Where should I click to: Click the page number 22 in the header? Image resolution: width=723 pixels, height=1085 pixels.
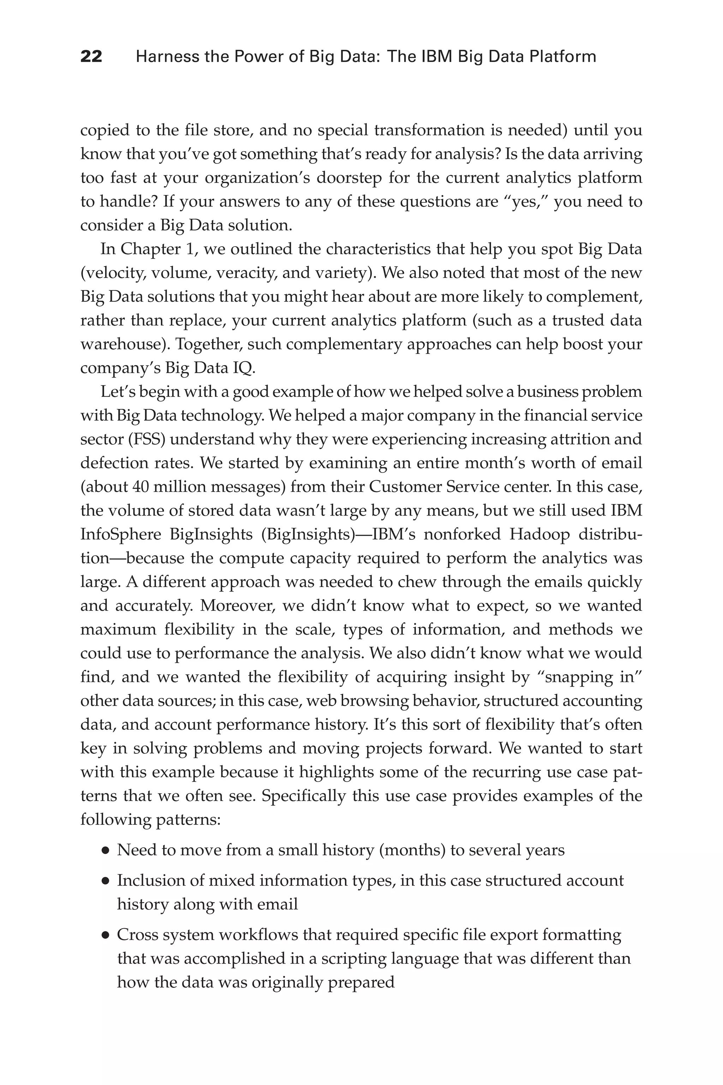coord(91,57)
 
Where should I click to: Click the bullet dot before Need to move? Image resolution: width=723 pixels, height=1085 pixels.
coord(106,850)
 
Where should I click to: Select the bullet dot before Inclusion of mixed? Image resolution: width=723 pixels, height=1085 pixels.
coord(106,882)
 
